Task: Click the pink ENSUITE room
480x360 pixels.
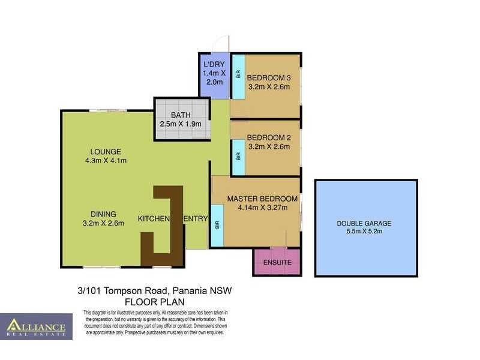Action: tap(277, 262)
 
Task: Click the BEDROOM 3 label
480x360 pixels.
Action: tap(269, 77)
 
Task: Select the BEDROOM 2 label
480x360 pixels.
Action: tap(269, 137)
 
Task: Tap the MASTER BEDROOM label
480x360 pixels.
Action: tap(262, 199)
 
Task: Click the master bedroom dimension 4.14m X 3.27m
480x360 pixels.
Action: tap(262, 208)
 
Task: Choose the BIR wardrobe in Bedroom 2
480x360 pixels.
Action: tap(238, 156)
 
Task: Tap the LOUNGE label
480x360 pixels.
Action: tap(106, 151)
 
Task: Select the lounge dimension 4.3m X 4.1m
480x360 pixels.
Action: tap(106, 160)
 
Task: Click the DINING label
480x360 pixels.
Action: tap(104, 214)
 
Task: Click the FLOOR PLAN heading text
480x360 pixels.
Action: tap(155, 301)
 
